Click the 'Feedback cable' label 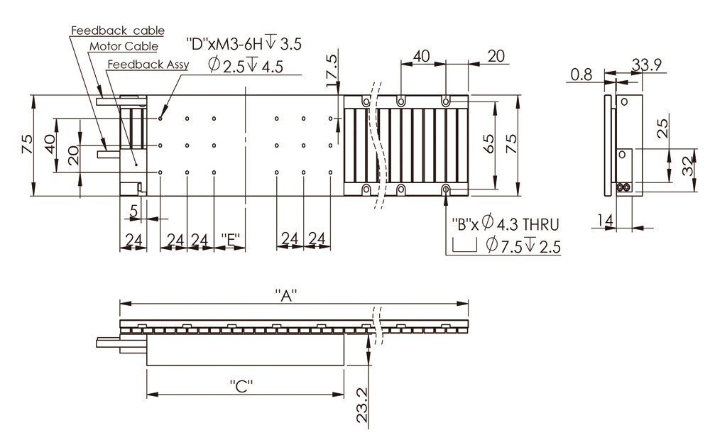click(117, 31)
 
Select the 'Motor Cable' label click(124, 47)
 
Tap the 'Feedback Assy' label click(147, 64)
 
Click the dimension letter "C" click(242, 387)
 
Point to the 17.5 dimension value click(332, 70)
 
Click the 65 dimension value click(489, 144)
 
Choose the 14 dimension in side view click(604, 221)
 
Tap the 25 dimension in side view click(662, 128)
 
